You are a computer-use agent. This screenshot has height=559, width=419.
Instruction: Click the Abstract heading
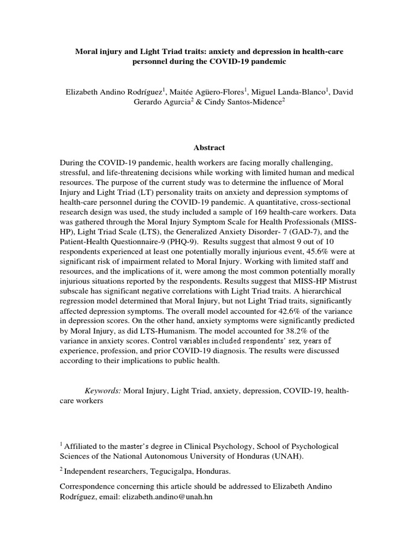[209, 148]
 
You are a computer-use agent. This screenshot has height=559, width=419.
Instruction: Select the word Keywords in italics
[103, 391]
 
